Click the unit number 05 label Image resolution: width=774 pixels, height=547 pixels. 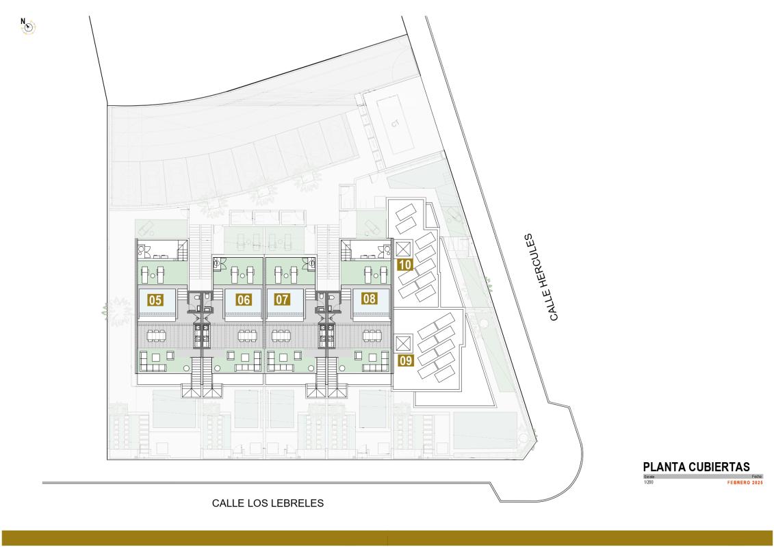coord(155,299)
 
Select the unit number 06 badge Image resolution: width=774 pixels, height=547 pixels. coord(243,299)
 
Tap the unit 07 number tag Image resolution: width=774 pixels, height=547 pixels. coord(282,299)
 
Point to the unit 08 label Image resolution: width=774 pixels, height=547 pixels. coord(370,298)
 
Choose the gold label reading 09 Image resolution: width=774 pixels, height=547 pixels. coord(405,360)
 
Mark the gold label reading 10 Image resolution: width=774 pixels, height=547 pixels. coord(404,265)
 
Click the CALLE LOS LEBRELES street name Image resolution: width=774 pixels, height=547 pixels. coord(267,503)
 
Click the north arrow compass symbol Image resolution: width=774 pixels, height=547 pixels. coord(29,27)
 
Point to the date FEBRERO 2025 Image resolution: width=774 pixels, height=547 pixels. coord(745,483)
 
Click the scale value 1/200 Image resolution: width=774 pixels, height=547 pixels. coord(649,483)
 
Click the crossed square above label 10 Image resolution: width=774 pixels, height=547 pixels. coord(402,248)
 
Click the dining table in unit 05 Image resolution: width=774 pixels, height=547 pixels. coord(156,335)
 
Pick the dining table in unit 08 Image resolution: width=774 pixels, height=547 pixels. coord(372,335)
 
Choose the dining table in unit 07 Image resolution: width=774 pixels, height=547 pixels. coord(283,335)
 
